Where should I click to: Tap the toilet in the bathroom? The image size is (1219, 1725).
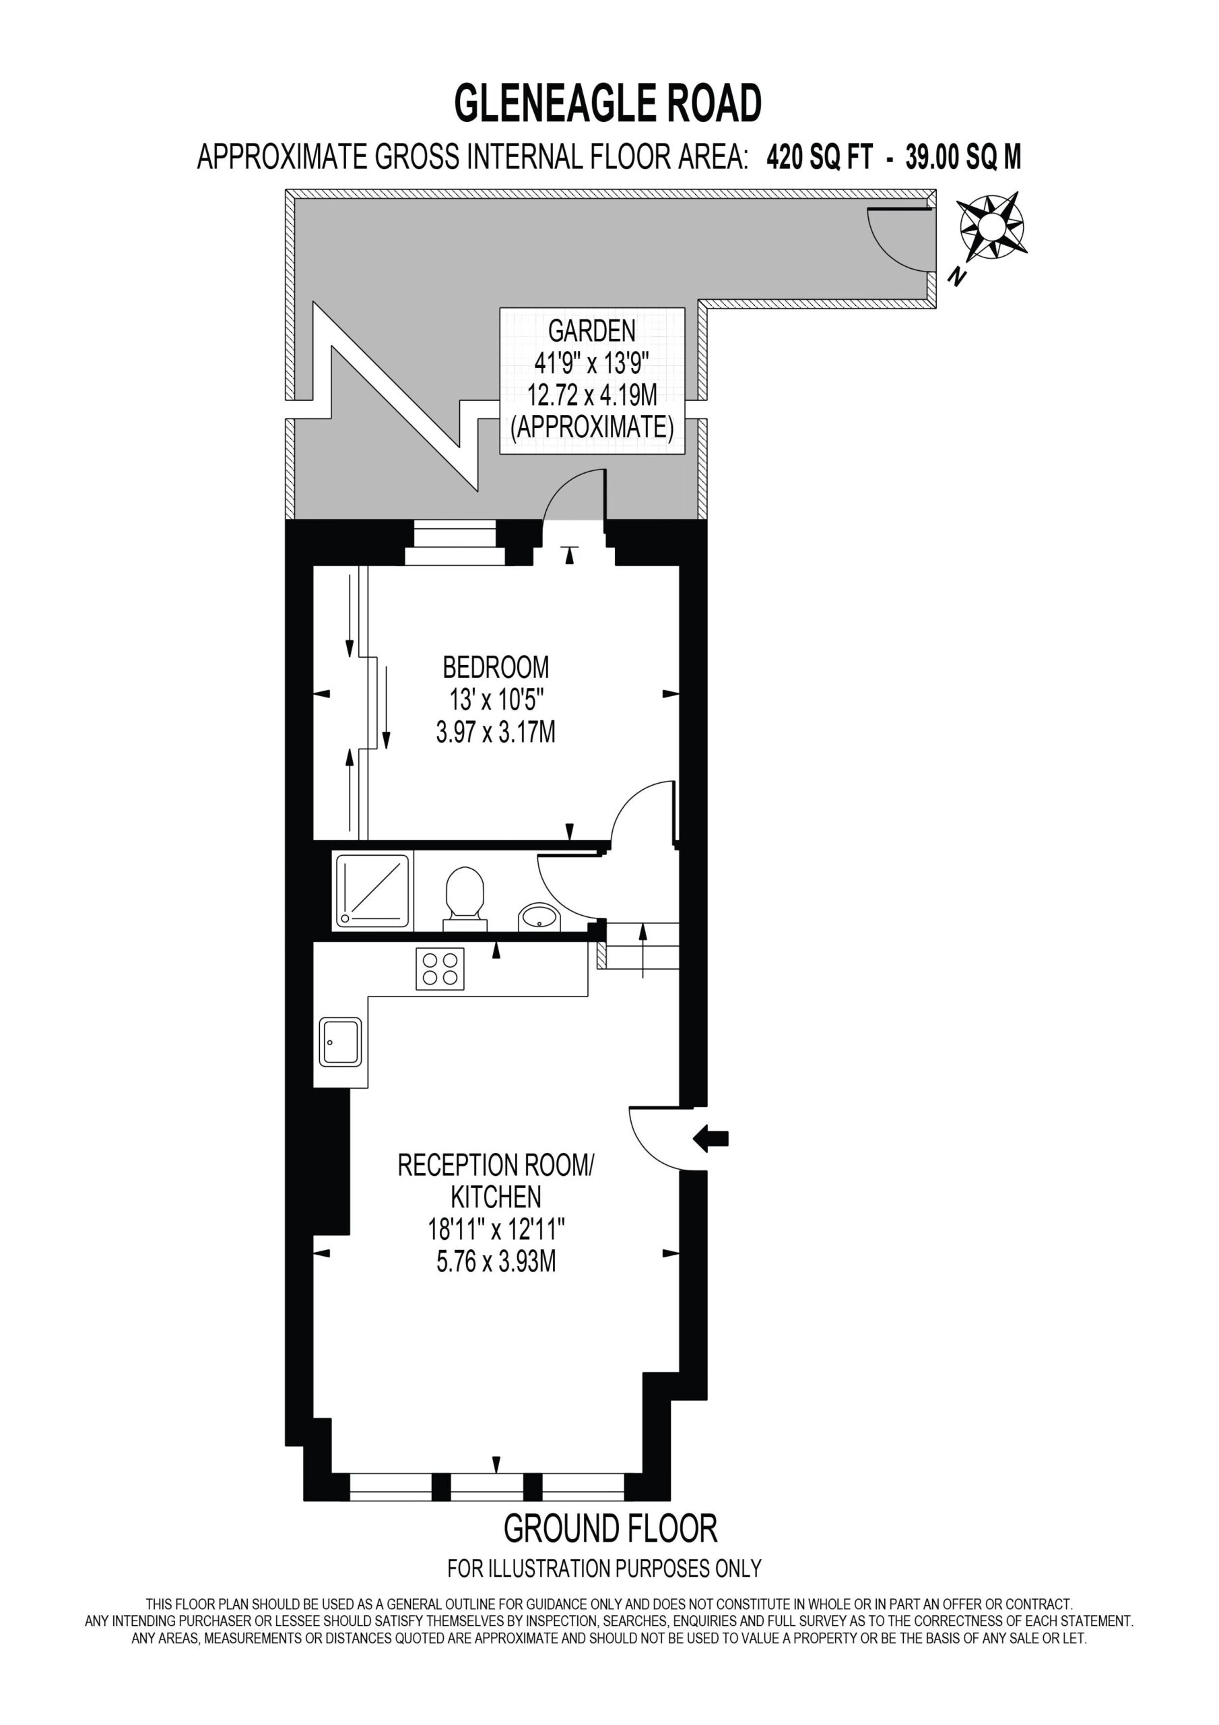point(464,899)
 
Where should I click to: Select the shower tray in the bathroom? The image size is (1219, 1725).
point(373,890)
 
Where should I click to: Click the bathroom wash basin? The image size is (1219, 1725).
point(537,916)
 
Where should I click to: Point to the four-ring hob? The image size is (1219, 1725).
point(440,968)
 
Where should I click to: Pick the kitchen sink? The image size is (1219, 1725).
point(340,1042)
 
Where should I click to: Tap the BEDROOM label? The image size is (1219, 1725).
point(496,667)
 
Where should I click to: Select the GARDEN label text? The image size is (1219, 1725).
point(592,331)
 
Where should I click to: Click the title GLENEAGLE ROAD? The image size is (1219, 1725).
point(608,103)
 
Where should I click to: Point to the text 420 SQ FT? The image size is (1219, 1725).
point(820,158)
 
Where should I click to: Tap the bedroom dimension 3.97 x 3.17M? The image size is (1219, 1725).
point(496,731)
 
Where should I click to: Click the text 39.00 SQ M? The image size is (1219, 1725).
point(964,158)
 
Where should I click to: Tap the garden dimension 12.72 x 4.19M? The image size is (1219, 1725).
point(592,395)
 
